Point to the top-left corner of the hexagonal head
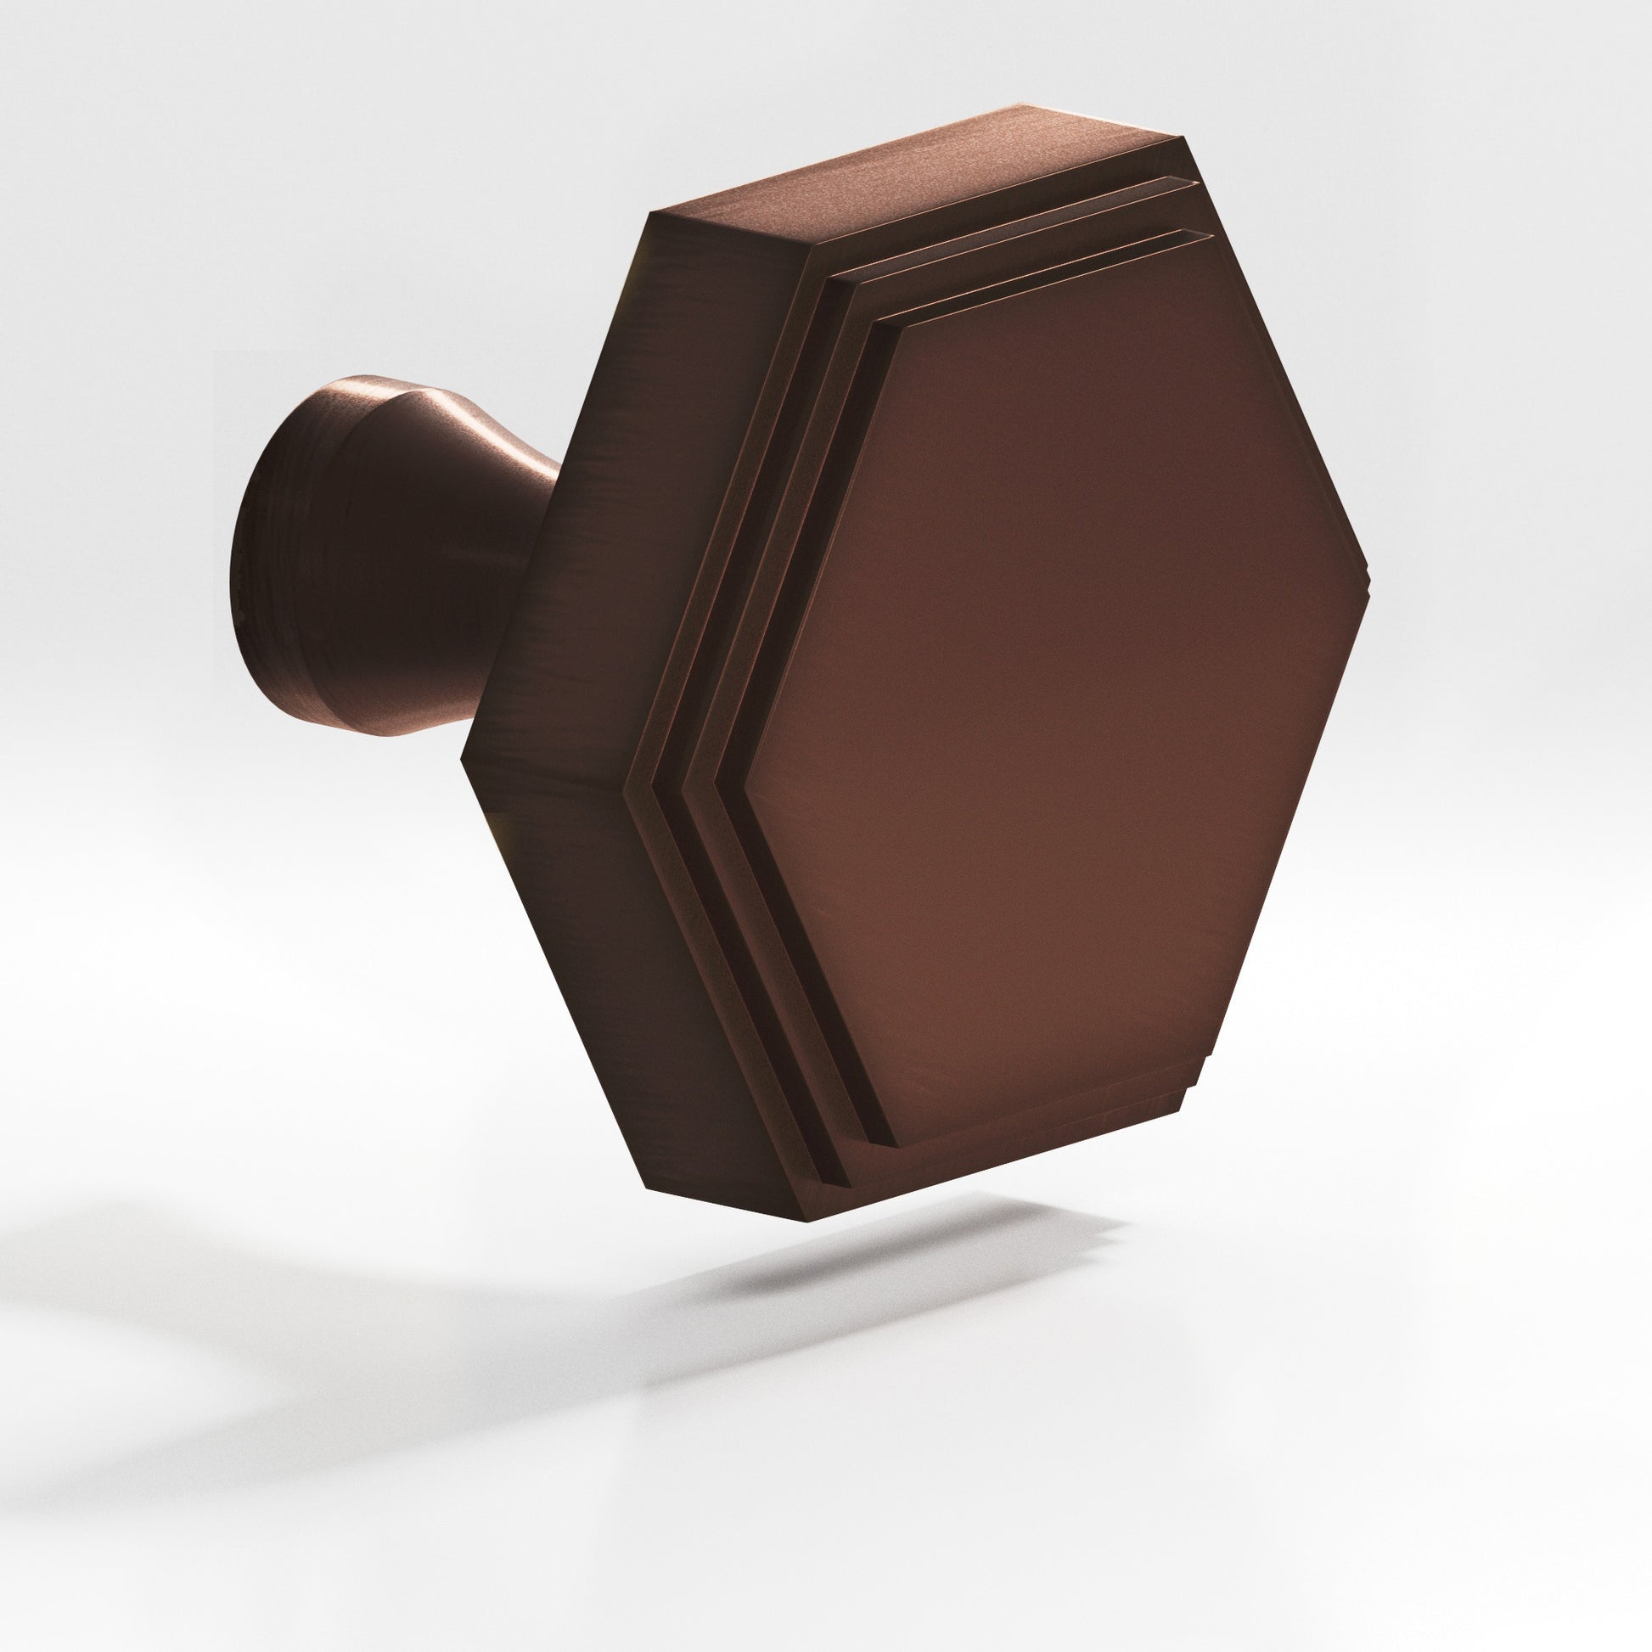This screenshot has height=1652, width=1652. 650,214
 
